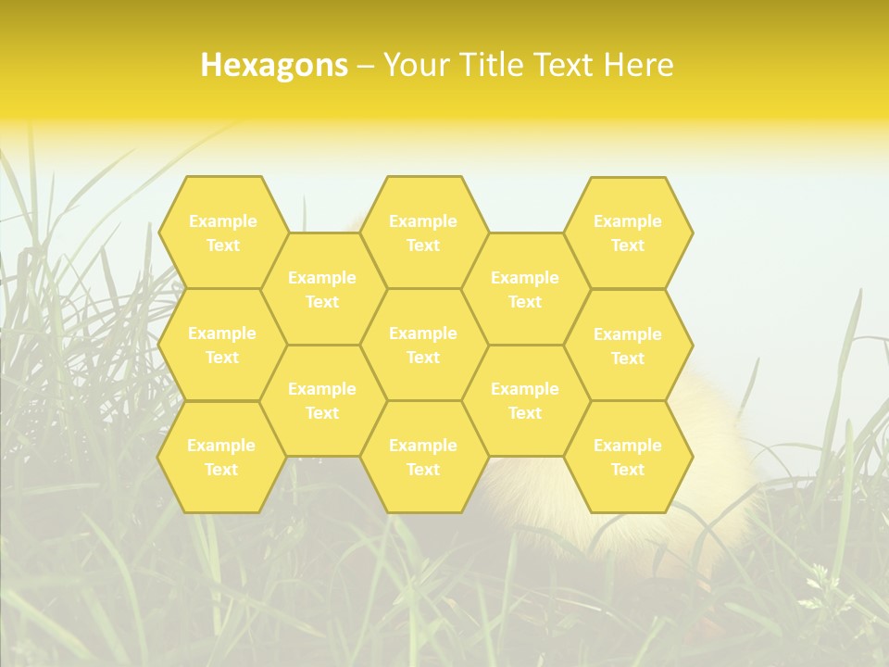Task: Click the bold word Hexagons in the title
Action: [274, 65]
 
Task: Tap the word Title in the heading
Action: [491, 65]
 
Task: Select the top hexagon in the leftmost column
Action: [222, 233]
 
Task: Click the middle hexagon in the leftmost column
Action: [222, 345]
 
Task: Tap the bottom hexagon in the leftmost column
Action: [221, 457]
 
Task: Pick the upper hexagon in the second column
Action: [322, 289]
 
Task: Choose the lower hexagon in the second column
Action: [322, 400]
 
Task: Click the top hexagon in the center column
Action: [423, 233]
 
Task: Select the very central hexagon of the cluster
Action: [423, 345]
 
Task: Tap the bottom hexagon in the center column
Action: [423, 457]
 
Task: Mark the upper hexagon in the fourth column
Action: [525, 289]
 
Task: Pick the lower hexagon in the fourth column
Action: [525, 400]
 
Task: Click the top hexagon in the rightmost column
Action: [628, 233]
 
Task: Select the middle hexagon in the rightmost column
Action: [628, 346]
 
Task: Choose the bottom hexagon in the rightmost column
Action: [628, 457]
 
